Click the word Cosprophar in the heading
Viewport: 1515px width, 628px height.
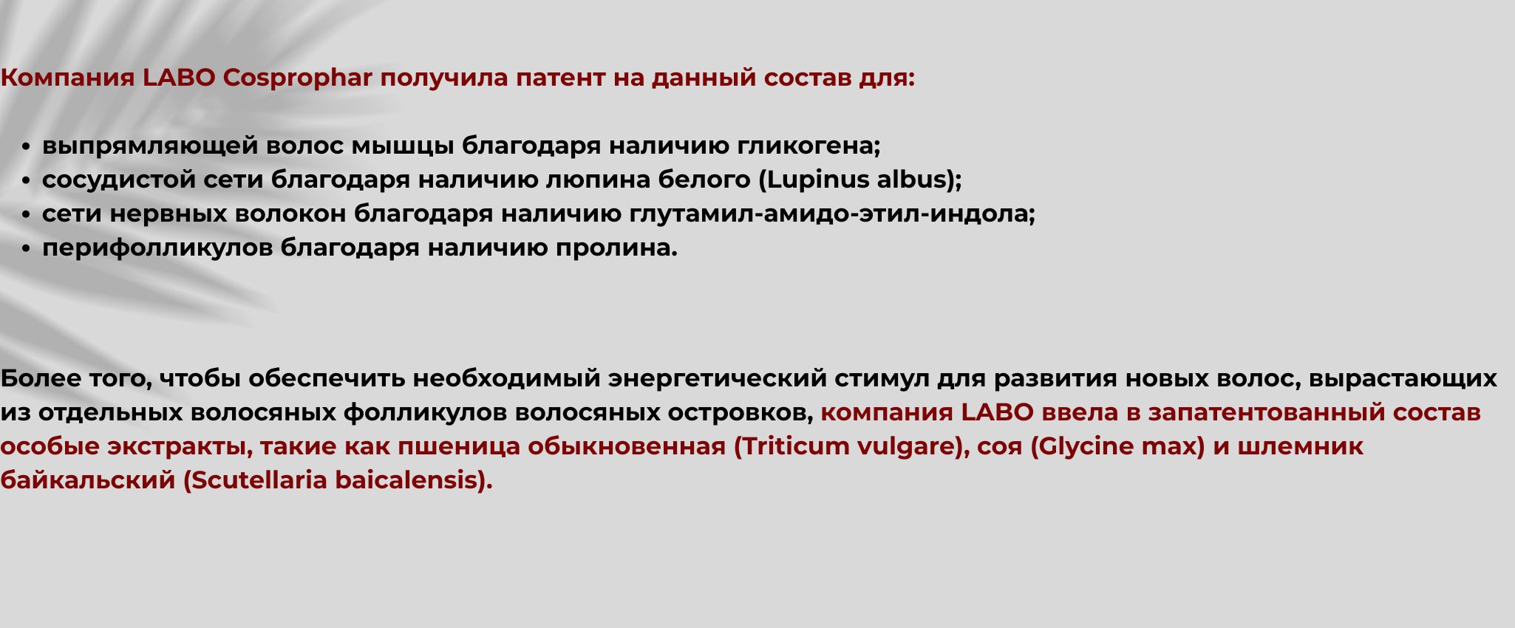click(297, 78)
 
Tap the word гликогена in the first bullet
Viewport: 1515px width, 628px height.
click(808, 146)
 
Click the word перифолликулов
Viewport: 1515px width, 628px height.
click(157, 248)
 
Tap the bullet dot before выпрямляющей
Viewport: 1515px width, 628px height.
click(26, 147)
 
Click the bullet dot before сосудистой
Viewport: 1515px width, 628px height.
click(26, 181)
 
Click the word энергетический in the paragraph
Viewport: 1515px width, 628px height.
click(717, 378)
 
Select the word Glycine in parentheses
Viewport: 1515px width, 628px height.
click(1077, 446)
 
